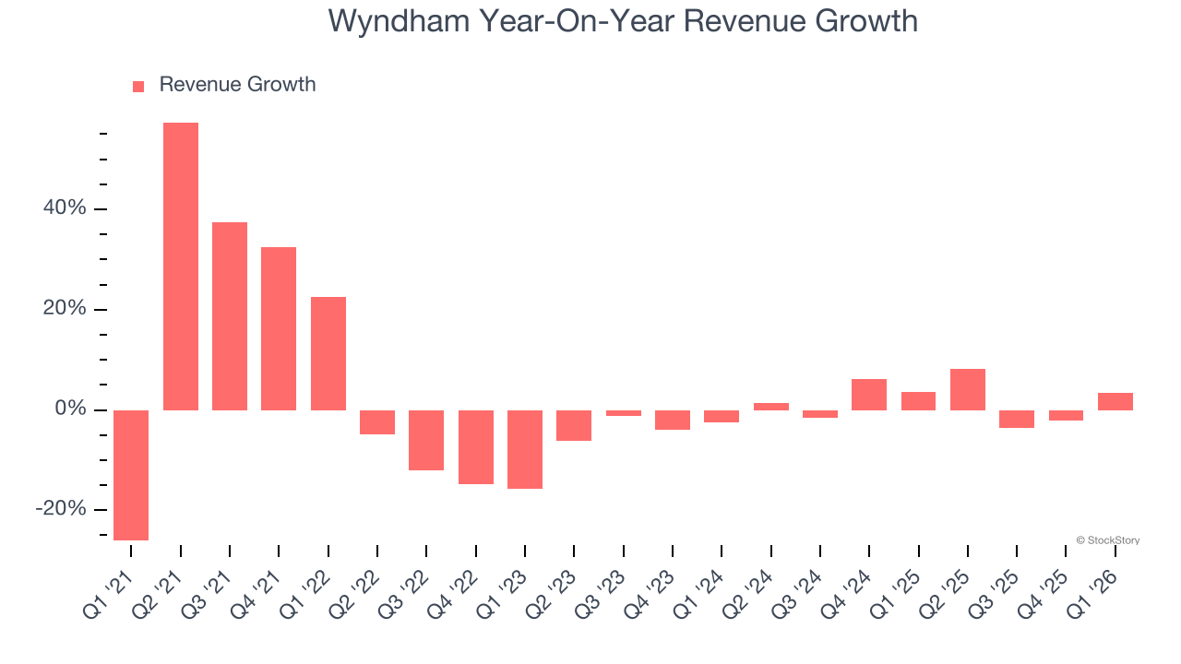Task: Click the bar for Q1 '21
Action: [x=131, y=475]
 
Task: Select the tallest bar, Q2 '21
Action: [x=181, y=267]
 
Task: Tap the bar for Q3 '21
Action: [x=230, y=316]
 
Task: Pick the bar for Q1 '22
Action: [x=328, y=353]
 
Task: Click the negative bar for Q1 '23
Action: [x=525, y=449]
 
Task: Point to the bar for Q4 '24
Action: [x=869, y=395]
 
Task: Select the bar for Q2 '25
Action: [x=968, y=389]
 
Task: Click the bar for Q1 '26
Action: [x=1115, y=401]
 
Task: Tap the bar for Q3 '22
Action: [x=426, y=440]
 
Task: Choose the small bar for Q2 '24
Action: [x=771, y=407]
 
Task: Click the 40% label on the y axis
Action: [x=64, y=208]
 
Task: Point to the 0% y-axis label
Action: [x=70, y=409]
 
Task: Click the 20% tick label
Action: [x=64, y=309]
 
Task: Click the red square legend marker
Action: [x=138, y=87]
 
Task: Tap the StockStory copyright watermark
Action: [x=1107, y=540]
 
